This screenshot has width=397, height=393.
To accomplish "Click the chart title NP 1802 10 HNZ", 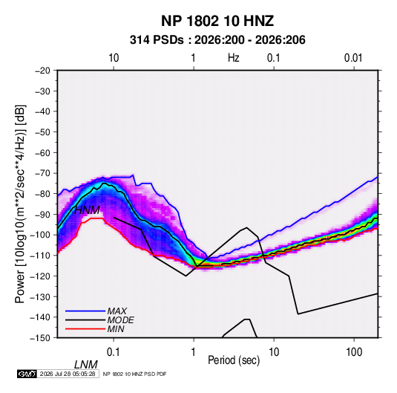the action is click(217, 21).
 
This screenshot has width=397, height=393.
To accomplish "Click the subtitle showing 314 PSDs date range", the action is click(217, 40).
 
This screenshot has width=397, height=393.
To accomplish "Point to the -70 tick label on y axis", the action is click(42, 173).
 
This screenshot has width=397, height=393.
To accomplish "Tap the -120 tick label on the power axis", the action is click(40, 276).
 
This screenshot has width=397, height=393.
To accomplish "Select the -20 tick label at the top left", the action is click(42, 71).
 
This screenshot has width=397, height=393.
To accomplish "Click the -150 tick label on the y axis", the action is click(40, 338).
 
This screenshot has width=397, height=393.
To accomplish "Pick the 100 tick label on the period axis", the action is click(354, 352).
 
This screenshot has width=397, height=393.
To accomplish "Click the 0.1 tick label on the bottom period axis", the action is click(114, 352).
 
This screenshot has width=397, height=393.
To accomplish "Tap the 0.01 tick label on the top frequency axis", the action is click(353, 58).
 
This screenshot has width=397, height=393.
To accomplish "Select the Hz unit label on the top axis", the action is click(234, 58).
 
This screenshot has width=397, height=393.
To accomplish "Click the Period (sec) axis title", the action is click(234, 360).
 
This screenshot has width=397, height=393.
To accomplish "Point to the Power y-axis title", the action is click(20, 204).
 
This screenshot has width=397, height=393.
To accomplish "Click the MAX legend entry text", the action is click(117, 311).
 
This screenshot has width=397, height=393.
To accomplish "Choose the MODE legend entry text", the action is click(120, 320).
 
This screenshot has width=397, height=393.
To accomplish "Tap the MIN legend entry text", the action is click(116, 329).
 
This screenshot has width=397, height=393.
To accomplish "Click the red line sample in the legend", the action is click(85, 329).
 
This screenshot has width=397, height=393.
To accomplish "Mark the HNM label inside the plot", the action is click(87, 210).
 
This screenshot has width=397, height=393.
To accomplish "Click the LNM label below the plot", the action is click(85, 365).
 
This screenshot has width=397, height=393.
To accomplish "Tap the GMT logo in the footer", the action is click(27, 374).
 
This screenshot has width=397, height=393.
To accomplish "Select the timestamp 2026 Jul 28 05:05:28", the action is click(68, 374).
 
